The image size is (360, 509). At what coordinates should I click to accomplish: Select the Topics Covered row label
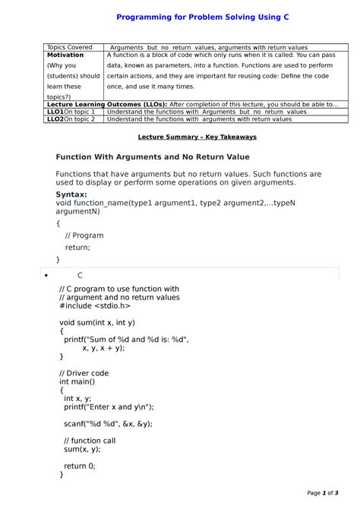(70, 47)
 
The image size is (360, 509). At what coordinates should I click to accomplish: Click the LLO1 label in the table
(55, 112)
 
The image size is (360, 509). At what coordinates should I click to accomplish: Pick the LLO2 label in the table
(55, 119)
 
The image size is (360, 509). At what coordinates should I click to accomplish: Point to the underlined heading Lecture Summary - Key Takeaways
(197, 137)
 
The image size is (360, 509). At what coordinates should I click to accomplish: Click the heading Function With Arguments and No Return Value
(153, 156)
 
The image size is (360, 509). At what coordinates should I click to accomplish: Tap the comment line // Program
(84, 236)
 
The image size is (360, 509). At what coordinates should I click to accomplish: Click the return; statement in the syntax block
(77, 247)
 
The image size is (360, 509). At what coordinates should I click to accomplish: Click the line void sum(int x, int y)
(97, 322)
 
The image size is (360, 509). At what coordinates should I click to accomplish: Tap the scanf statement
(108, 424)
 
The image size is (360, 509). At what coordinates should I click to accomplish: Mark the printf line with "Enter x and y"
(109, 406)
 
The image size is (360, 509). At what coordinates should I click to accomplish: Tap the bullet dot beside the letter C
(46, 275)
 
